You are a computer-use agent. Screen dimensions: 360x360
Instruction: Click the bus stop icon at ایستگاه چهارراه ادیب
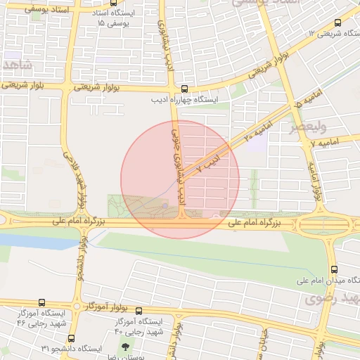(184, 89)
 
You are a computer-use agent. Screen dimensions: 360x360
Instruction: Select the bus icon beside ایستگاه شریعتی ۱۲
(338, 23)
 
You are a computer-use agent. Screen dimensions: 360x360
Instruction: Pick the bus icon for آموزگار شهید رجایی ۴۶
(41, 302)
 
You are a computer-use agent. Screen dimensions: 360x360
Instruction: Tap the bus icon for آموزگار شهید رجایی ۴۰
(139, 311)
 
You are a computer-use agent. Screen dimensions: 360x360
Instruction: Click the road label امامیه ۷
(328, 143)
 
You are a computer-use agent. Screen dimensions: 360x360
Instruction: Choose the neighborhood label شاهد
(16, 65)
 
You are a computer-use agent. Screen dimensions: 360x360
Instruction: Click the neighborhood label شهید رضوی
(332, 299)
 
